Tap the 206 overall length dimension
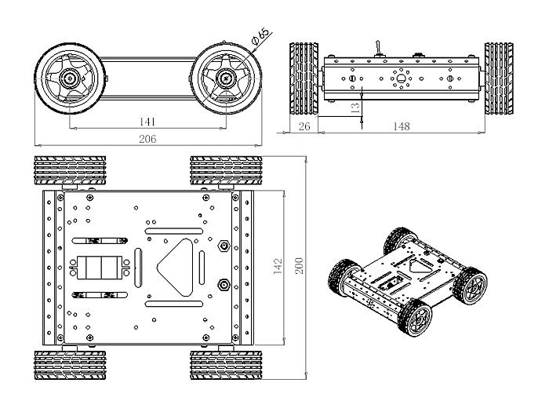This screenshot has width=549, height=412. pyautogui.click(x=147, y=138)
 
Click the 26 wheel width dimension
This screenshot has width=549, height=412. pyautogui.click(x=304, y=126)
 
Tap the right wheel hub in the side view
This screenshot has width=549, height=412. pyautogui.click(x=226, y=77)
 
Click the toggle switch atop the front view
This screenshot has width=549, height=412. pyautogui.click(x=376, y=49)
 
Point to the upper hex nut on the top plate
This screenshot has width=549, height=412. pyautogui.click(x=224, y=246)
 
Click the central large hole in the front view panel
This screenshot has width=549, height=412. pyautogui.click(x=401, y=78)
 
